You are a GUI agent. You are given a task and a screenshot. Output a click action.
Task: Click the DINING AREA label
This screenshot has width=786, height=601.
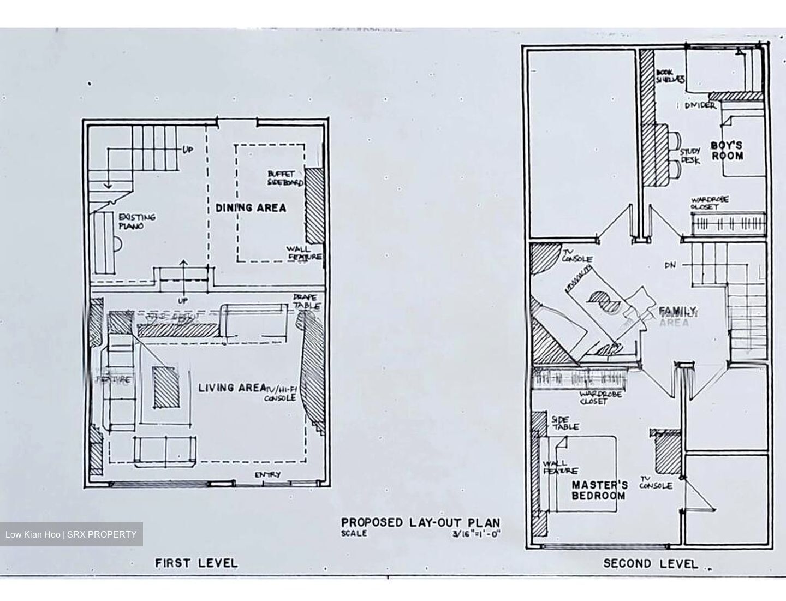point(251,207)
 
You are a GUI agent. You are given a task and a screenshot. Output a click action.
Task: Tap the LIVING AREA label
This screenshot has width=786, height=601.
point(231,388)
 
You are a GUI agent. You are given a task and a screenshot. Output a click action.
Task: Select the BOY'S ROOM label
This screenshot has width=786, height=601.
point(727,151)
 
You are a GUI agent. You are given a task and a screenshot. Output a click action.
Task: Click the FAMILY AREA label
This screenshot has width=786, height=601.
point(677,316)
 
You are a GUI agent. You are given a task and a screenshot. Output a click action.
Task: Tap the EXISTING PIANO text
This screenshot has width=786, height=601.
point(137,221)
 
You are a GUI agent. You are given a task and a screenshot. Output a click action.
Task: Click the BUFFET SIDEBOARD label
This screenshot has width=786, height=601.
point(285,178)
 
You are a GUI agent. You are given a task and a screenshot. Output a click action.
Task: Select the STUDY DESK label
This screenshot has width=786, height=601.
point(689,156)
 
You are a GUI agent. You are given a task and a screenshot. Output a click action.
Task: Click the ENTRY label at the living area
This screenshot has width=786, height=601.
point(267,475)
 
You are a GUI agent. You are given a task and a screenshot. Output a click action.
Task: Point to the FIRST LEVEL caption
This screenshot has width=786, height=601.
point(196,563)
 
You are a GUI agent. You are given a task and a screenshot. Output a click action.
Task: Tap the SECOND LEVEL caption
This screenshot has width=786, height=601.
point(650,563)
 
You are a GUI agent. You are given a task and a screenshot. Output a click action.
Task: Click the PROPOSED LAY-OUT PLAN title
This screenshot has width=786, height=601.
point(420,522)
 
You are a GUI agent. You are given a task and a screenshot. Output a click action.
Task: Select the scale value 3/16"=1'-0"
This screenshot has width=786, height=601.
point(473,534)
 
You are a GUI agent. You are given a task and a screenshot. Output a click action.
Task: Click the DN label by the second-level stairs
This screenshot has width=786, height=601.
point(671,265)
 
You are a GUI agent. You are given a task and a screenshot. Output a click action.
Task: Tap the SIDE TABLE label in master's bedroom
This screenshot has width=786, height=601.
point(565,423)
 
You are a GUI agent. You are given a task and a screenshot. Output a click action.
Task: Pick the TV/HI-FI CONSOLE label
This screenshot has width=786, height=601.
point(281,394)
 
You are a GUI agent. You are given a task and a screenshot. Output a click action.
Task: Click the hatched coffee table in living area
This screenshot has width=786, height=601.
point(166,387)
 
